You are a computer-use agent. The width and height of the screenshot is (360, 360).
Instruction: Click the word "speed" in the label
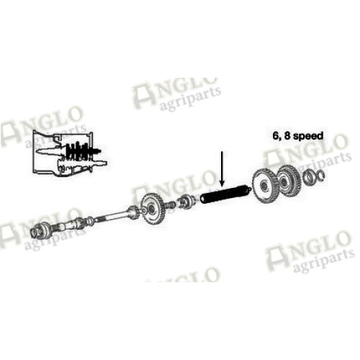click(x=308, y=136)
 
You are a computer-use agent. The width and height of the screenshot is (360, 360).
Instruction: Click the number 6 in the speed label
click(x=276, y=135)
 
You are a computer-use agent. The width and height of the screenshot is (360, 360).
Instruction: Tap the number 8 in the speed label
click(x=287, y=135)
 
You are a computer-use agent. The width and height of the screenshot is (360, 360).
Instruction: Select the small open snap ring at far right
click(x=320, y=176)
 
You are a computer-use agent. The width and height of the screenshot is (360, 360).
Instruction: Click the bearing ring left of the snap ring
click(x=308, y=177)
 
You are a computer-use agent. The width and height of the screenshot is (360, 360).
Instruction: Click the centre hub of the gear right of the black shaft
click(x=264, y=186)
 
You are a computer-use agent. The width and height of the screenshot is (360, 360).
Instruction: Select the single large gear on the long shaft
click(x=152, y=208)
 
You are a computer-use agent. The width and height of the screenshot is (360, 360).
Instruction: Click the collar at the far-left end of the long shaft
click(x=37, y=231)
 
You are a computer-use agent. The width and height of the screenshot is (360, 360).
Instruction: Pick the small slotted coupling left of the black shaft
click(x=186, y=202)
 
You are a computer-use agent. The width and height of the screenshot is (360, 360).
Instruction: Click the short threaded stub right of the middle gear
click(x=171, y=204)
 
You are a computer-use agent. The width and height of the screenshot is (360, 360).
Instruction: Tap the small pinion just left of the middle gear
click(x=133, y=212)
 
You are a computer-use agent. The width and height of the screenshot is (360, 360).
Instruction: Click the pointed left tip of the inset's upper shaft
click(x=37, y=151)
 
